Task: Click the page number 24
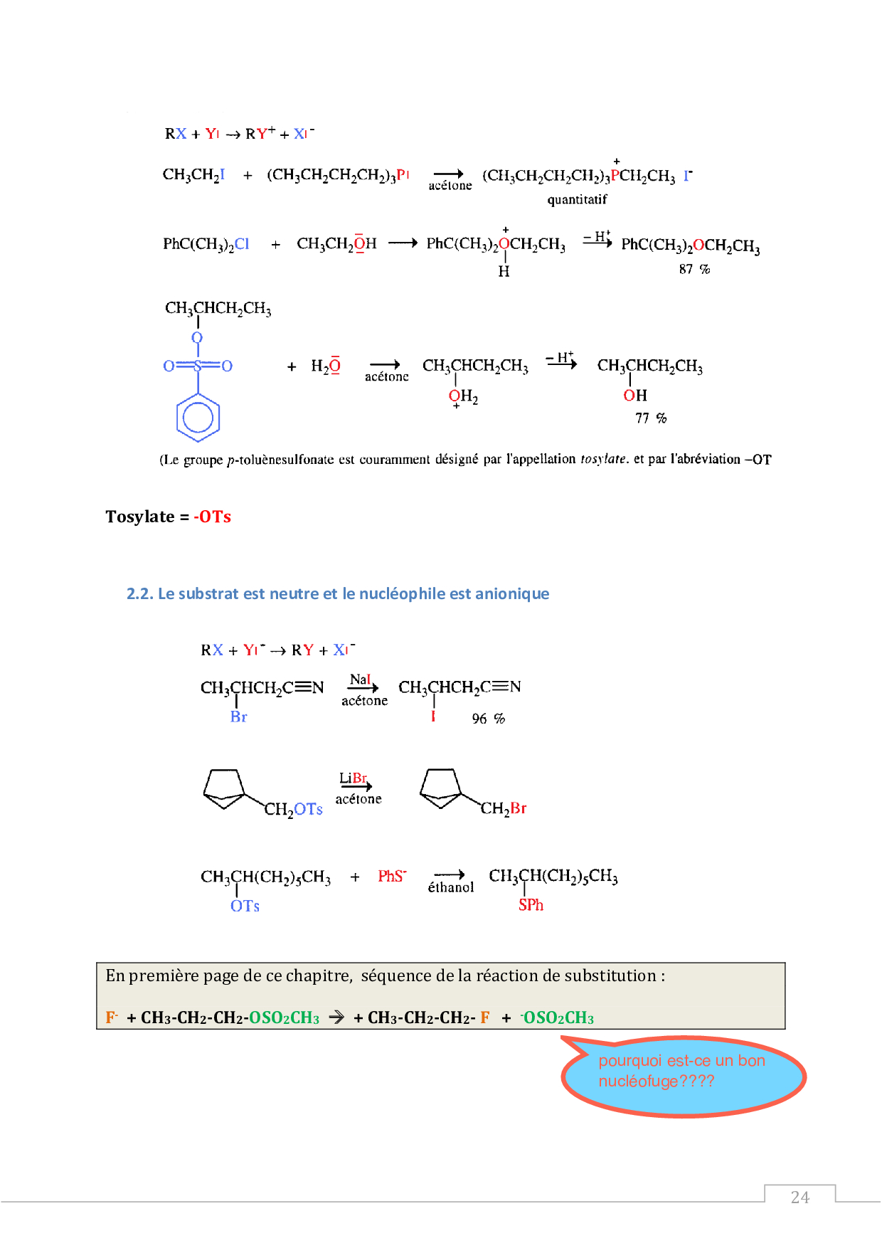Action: [799, 1197]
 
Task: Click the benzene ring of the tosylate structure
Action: [198, 418]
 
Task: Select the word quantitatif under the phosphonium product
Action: [577, 200]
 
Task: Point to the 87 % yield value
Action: [694, 269]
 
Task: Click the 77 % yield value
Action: [651, 418]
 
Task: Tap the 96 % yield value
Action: [488, 719]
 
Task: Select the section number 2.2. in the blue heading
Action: [140, 593]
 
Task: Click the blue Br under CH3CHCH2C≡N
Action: [238, 717]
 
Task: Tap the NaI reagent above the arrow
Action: [360, 679]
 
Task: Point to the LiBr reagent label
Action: [353, 778]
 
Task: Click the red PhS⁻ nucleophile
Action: [392, 876]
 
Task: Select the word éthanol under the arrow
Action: [450, 887]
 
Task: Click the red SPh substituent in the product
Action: [531, 905]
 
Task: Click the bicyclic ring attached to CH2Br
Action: [440, 788]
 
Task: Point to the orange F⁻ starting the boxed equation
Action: [112, 1017]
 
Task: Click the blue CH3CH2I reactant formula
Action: [193, 175]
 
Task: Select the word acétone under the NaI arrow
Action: [364, 701]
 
